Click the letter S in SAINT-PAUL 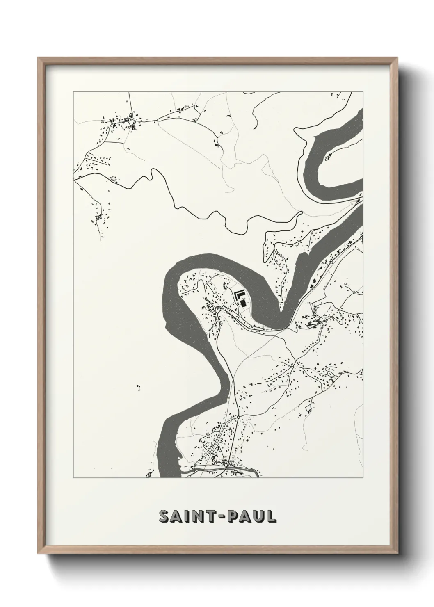164,517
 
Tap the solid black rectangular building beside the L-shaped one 244,303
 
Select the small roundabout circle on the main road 238,417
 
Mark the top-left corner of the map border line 73,92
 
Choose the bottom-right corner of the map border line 363,478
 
